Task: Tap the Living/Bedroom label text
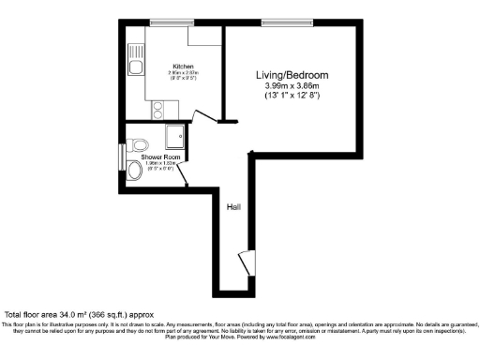click(x=292, y=75)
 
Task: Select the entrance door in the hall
click(x=246, y=262)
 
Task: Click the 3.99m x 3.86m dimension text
click(x=292, y=86)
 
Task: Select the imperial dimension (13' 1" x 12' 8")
click(x=292, y=97)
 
